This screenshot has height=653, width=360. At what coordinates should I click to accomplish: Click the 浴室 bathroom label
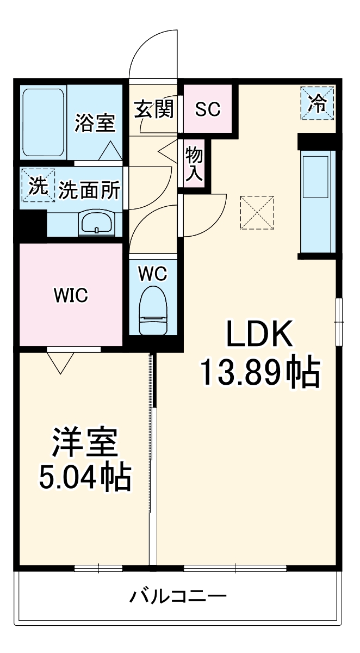pos(95,123)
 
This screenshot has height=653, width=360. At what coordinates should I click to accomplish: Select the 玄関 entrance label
pos(154,109)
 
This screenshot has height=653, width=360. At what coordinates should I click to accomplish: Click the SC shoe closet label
pos(208,109)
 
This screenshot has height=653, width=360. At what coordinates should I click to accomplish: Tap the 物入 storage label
pos(194,164)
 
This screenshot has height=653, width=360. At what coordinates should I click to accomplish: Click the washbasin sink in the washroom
pos(96,223)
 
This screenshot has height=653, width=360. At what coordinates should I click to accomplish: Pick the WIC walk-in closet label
pos(70,295)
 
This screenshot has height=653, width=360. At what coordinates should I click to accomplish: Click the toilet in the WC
pos(153,311)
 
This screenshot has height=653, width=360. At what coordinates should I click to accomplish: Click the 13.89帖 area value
pos(259,373)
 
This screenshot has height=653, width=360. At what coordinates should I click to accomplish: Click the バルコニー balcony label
pos(177,596)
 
